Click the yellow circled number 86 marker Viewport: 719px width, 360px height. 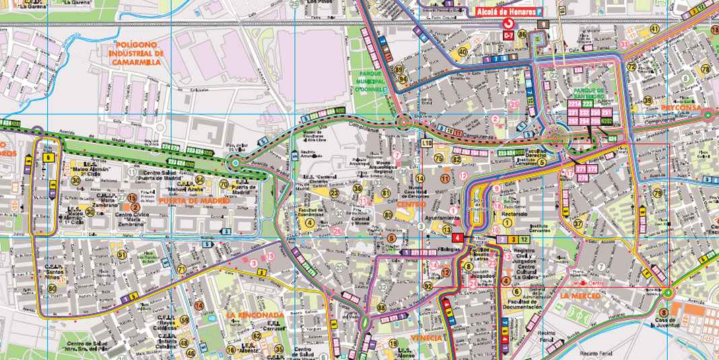pos(522,34)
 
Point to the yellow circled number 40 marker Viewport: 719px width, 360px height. pos(462,52)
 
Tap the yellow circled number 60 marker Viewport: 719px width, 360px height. pos(53,289)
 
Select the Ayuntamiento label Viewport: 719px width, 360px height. pos(439,219)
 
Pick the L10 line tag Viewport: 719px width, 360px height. pos(426,143)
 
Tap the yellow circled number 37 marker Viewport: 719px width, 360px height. pos(578,223)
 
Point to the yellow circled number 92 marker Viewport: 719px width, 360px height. pos(428,286)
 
